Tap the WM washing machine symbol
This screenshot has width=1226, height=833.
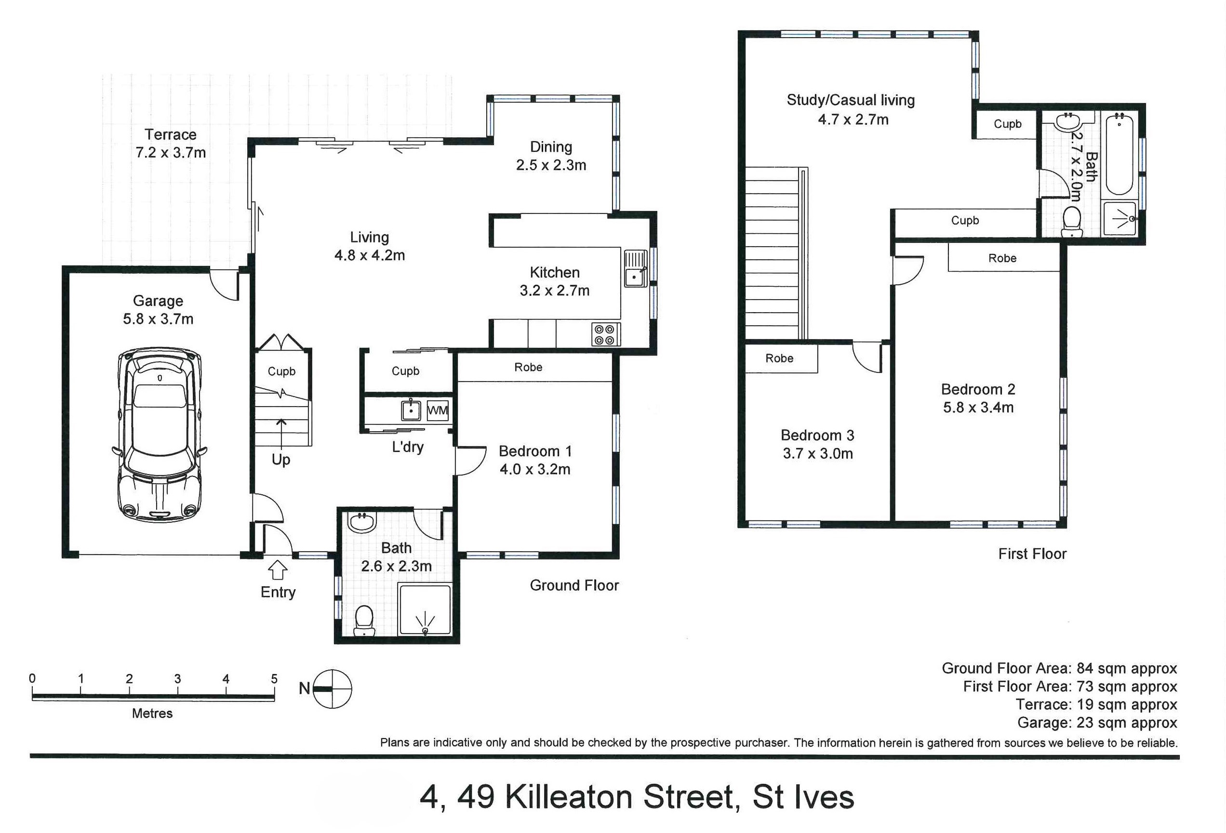pos(437,410)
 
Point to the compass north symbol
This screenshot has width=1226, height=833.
pos(332,688)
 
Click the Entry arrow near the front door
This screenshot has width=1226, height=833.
pos(278,570)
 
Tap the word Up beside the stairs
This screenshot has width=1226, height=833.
pos(280,460)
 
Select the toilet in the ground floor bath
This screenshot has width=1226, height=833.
pos(364,621)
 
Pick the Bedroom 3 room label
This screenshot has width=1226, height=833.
pos(817,435)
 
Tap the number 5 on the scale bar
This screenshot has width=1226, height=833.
pos(274,678)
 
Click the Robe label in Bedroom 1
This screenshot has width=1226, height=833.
pos(528,367)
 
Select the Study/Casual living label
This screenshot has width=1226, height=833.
pos(851,100)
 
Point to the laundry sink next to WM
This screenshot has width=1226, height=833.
pos(411,410)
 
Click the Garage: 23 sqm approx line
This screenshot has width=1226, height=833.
pos(1097,722)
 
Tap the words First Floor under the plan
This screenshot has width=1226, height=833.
pos(1032,554)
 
